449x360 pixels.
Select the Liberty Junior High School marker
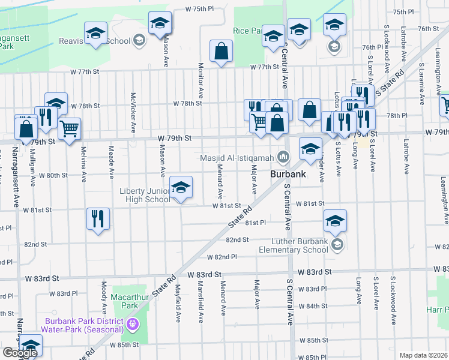coord(181,189)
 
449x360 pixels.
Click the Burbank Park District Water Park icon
coord(133,325)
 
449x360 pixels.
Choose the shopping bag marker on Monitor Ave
coord(221,52)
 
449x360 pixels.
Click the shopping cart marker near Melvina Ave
coord(70,128)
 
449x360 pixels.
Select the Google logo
coord(20,353)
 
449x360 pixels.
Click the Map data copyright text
coord(424,355)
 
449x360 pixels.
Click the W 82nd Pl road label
coord(221,257)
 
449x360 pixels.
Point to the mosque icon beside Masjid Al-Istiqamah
coord(283,158)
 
